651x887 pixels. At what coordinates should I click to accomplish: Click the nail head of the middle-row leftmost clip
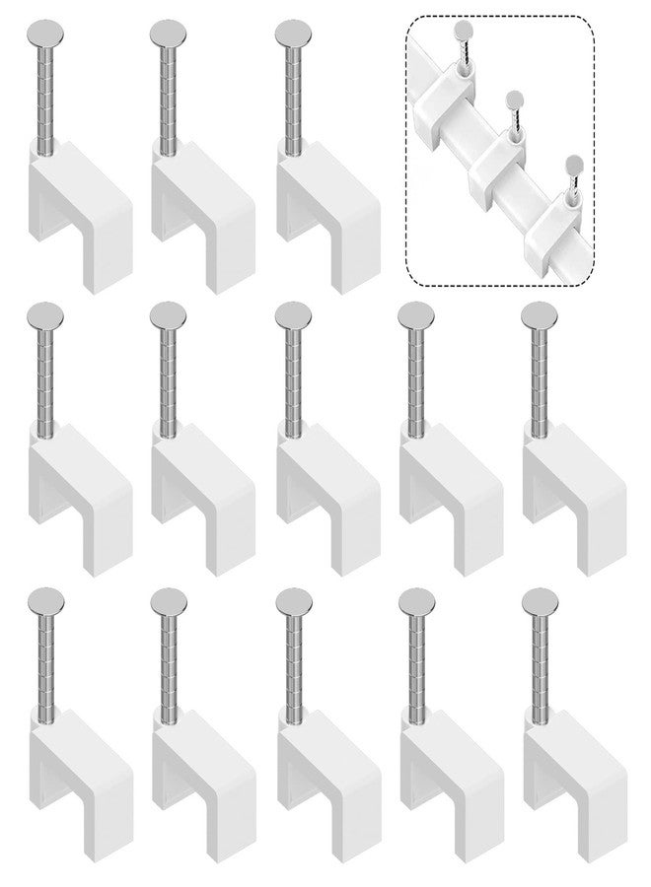[45, 316]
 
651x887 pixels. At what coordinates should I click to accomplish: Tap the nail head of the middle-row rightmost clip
[539, 316]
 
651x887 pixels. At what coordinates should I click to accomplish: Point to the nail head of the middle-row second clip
[169, 316]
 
